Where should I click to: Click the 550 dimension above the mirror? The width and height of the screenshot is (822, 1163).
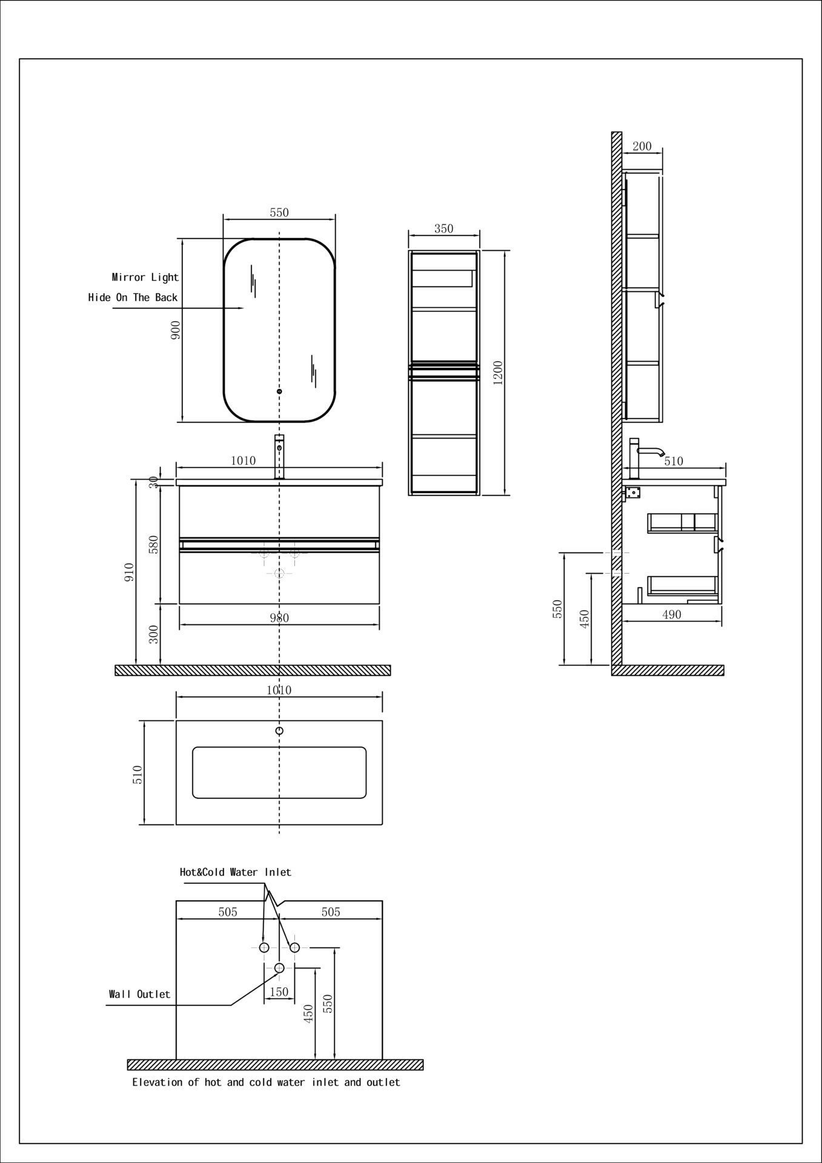[279, 213]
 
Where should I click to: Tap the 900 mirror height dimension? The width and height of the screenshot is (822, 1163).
[176, 330]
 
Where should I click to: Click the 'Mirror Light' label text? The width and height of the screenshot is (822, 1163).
[145, 277]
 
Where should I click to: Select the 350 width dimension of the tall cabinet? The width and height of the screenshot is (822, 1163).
[444, 228]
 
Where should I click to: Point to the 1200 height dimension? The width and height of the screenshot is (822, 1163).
[498, 373]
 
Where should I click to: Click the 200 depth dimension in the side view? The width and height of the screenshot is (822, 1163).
[642, 146]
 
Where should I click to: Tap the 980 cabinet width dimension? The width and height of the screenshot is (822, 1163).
[279, 618]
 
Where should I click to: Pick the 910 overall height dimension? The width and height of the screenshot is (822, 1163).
[129, 572]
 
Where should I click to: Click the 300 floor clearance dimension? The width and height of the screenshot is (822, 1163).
[154, 634]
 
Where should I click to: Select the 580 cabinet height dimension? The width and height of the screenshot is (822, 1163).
[154, 544]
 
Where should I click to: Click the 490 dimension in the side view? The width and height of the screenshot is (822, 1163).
[672, 615]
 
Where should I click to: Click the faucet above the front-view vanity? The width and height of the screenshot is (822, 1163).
[279, 457]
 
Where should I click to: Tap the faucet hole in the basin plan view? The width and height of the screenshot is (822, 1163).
[279, 731]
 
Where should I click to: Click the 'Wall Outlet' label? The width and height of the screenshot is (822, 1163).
[139, 994]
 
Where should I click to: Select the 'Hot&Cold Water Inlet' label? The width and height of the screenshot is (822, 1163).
[236, 872]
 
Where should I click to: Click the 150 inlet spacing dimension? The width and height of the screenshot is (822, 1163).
[279, 992]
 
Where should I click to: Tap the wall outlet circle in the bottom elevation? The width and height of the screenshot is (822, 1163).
[279, 968]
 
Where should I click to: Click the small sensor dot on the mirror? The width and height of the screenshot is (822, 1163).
[279, 392]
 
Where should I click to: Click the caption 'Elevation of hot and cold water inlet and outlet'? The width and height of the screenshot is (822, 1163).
[266, 1082]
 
